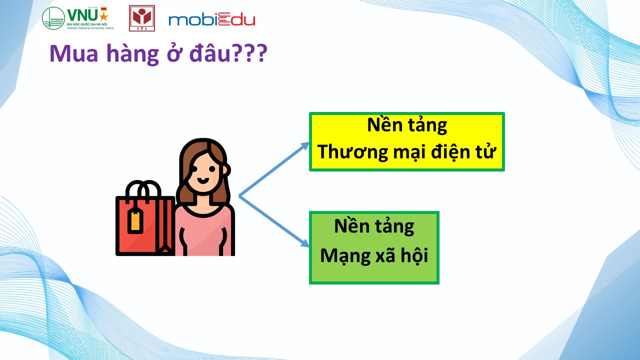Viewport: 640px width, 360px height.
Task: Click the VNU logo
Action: coord(77,18)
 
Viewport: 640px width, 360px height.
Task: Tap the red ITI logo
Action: coord(141,18)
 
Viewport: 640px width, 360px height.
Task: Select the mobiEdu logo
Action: coord(211,19)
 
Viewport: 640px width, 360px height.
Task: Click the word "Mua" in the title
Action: coord(73,53)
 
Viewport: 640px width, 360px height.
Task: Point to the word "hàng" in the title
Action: coord(132,54)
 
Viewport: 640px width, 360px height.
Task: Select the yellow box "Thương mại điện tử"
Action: coord(407,141)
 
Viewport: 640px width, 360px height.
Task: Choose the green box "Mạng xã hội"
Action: coord(374,247)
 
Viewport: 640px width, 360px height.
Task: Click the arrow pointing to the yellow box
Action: coord(274,169)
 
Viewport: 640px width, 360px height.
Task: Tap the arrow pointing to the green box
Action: coord(274,221)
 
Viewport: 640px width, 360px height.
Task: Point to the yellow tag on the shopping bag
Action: coord(135,220)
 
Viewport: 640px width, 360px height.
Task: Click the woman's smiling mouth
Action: coord(203,180)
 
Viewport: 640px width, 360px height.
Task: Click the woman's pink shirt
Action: coord(204,231)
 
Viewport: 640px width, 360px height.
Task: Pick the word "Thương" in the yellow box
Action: coord(353,152)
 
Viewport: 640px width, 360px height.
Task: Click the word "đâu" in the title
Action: coord(209,53)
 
